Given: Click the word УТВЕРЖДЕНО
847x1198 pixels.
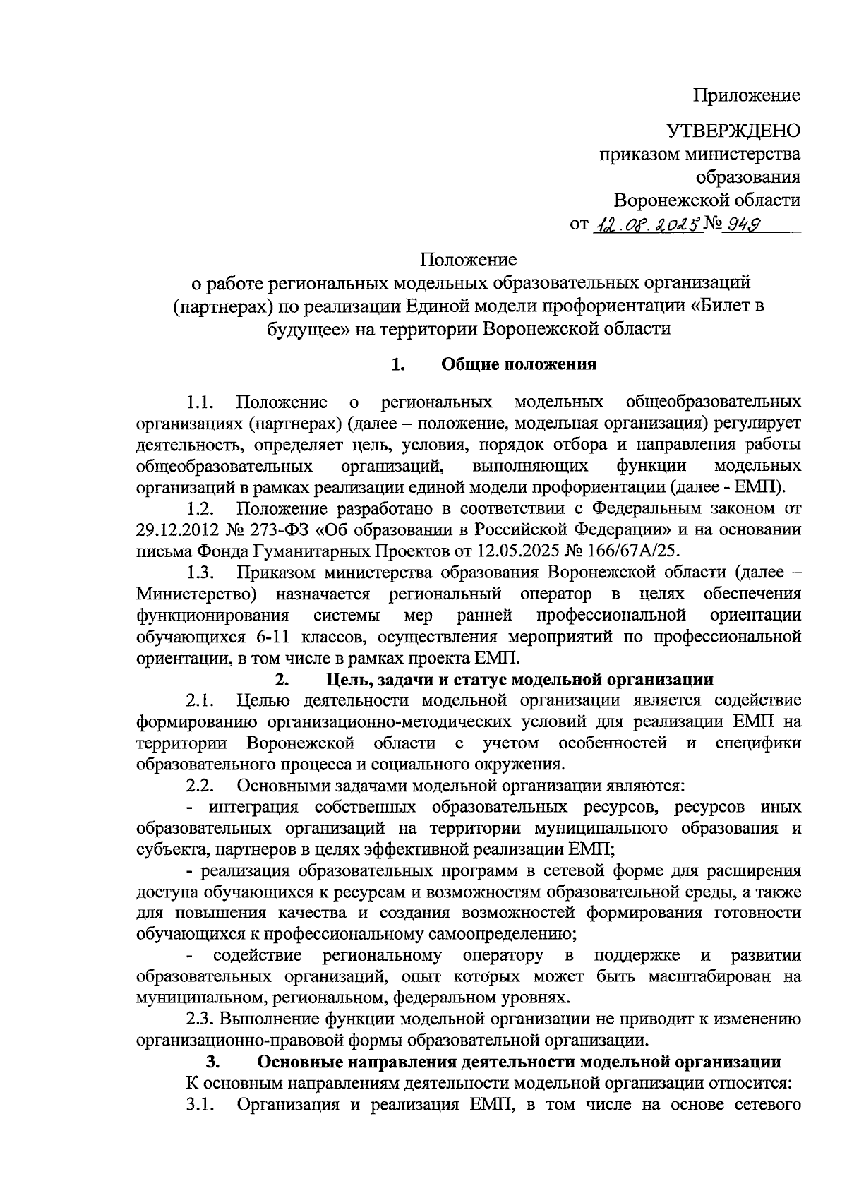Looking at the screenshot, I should (x=734, y=131).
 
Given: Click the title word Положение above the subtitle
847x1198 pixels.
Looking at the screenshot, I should (x=469, y=260).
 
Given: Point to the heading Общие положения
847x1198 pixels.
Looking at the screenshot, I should (x=519, y=364).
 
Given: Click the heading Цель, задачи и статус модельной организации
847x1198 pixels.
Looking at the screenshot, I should (x=519, y=679).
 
